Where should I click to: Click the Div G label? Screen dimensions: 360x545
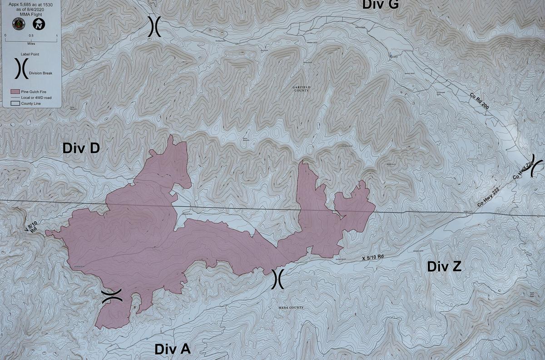tap(380, 5)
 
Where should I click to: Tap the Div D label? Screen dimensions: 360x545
tap(81, 148)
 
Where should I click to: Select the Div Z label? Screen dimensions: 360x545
tap(444, 266)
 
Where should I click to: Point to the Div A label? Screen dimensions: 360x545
tap(172, 349)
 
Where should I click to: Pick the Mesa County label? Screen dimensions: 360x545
tap(290, 308)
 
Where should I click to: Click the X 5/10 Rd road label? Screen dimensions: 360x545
tap(373, 257)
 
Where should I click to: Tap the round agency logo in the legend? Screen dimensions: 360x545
tap(20, 25)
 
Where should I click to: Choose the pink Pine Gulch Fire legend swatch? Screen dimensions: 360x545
tap(15, 92)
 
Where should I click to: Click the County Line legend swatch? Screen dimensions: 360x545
tap(15, 104)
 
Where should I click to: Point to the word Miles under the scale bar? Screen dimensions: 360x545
tap(31, 44)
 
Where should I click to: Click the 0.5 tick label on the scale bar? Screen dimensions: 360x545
tap(31, 35)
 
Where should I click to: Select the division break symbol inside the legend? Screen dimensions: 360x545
tap(20, 68)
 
